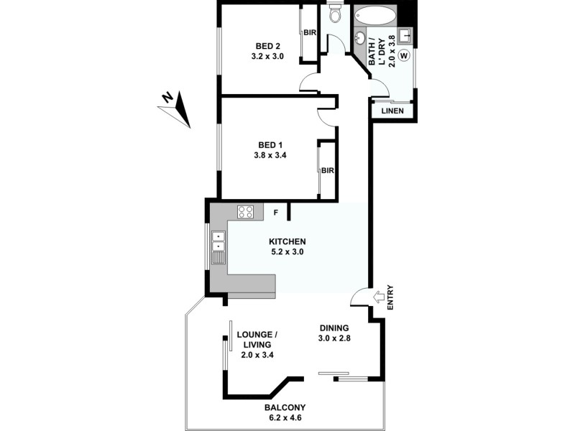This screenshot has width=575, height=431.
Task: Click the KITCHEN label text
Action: point(287,241)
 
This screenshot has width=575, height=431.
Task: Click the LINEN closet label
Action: point(392,111)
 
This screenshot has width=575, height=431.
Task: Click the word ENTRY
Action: point(391,298)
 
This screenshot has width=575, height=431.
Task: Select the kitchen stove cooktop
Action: point(246,211)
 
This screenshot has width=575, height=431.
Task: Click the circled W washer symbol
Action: point(404,55)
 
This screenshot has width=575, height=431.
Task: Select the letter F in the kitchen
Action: point(275,213)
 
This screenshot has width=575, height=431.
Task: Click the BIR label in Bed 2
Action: point(310,33)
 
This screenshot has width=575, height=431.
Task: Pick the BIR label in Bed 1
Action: point(328,171)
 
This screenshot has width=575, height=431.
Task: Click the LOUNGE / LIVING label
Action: point(258,339)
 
